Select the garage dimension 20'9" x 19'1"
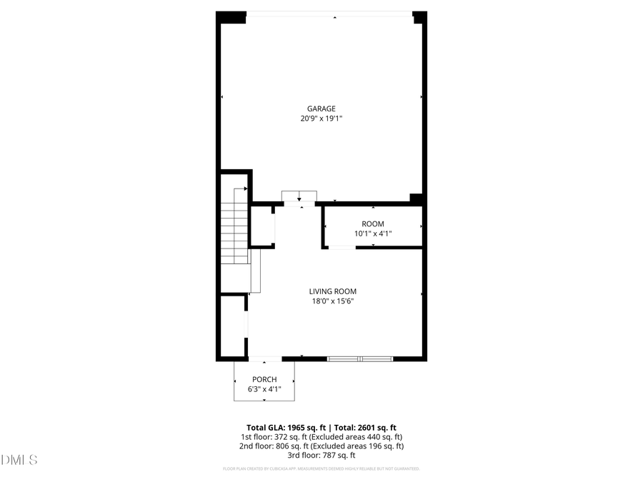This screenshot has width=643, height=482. click(x=321, y=119)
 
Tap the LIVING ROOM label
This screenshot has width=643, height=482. click(x=332, y=291)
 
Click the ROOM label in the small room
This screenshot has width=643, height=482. click(x=372, y=224)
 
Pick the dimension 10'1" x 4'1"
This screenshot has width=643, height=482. click(x=372, y=234)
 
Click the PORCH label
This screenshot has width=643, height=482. click(x=264, y=379)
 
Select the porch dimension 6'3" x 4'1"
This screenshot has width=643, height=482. click(x=264, y=389)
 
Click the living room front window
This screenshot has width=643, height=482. click(x=360, y=358)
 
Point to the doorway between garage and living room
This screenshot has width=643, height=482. click(x=299, y=204)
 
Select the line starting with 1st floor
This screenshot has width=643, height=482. click(x=321, y=436)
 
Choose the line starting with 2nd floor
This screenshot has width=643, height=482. click(x=321, y=446)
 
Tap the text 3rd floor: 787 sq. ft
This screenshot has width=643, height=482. click(x=321, y=455)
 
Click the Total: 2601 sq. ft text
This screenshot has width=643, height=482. click(x=362, y=427)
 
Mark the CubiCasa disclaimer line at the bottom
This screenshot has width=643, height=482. click(x=321, y=469)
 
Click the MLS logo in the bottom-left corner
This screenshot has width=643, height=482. click(x=19, y=459)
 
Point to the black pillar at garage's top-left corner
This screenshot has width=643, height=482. click(x=231, y=18)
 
